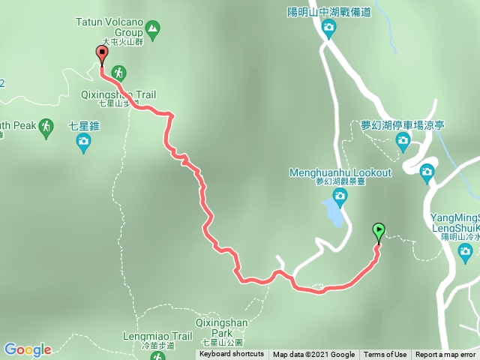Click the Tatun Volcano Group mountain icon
pos(153,30)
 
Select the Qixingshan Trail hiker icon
pos(118,73)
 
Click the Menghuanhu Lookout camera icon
pos(340,196)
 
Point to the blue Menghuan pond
pos(334,214)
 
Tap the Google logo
pos(27,349)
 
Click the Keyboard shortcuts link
pos(232,355)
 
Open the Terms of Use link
pos(385,355)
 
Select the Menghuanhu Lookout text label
pos(340,173)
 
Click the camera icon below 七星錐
pos(85,142)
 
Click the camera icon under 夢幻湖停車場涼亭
pos(403,139)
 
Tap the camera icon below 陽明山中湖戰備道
pos(328,28)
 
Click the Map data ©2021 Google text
pos(313,355)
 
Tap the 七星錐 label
pos(84,125)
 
